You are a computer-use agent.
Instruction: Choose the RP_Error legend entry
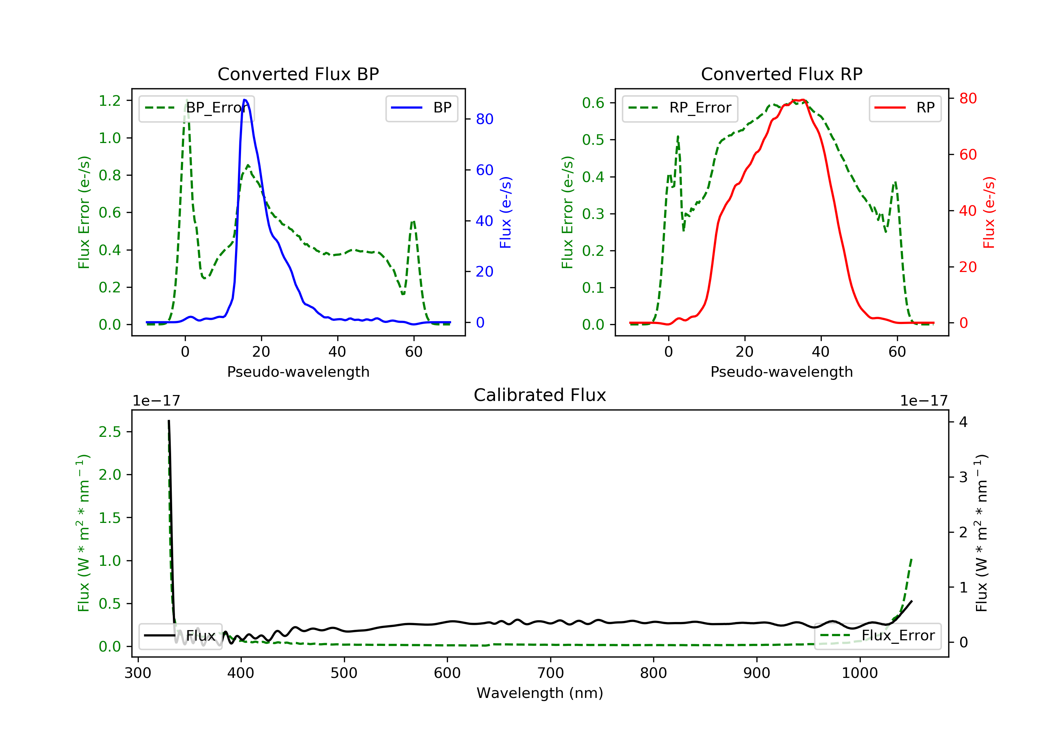pyautogui.click(x=680, y=108)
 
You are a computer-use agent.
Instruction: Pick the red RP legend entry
pyautogui.click(x=905, y=108)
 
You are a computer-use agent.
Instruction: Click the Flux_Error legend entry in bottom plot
pyautogui.click(x=877, y=636)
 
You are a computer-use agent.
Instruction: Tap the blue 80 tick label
pyautogui.click(x=484, y=119)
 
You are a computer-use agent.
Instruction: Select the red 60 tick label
pyautogui.click(x=968, y=155)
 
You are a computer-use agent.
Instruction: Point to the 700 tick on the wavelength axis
pyautogui.click(x=551, y=673)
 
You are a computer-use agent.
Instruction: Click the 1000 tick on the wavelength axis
pyautogui.click(x=859, y=673)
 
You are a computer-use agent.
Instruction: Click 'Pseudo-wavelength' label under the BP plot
pyautogui.click(x=298, y=372)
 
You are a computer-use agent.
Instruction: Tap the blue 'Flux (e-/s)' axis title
pyautogui.click(x=506, y=213)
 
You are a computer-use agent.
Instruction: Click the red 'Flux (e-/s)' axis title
pyautogui.click(x=989, y=213)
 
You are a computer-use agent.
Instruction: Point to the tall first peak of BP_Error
pyautogui.click(x=186, y=101)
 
